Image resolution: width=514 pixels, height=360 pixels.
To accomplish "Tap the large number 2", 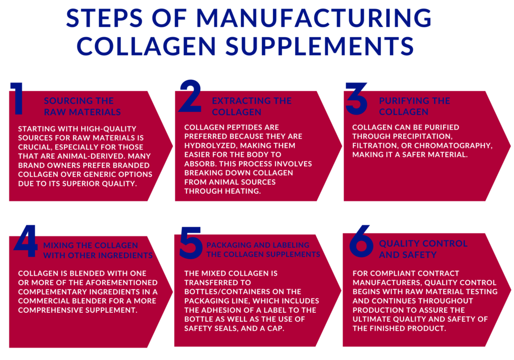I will (190, 97).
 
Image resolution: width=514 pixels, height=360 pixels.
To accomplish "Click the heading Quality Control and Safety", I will (423, 249).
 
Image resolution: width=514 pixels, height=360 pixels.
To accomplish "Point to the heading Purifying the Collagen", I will (414, 106).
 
